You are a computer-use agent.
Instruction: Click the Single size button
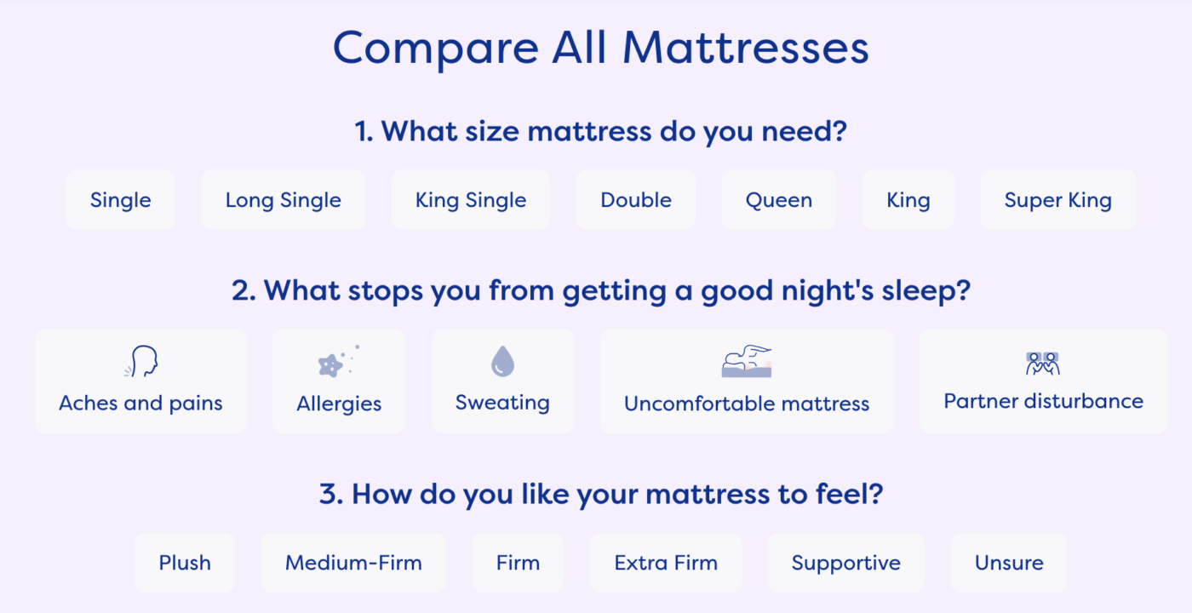point(120,200)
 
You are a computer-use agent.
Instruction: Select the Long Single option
point(283,200)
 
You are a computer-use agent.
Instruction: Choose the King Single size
point(471,200)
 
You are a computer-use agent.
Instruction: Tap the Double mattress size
point(636,200)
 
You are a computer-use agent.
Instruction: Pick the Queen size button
point(779,200)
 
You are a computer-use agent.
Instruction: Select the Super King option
point(1057,200)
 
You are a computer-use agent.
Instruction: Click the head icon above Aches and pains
point(141,361)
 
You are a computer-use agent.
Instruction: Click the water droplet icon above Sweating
point(503,361)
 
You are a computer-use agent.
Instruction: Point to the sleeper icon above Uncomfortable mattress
point(747,361)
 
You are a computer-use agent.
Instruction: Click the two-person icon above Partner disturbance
point(1043,364)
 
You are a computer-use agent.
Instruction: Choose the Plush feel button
point(185,563)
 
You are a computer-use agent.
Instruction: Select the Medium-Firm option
point(353,563)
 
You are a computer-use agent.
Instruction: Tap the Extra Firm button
point(666,563)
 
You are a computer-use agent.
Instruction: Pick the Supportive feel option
point(846,563)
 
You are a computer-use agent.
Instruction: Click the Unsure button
point(1009,563)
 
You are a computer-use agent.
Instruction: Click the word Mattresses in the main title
point(746,48)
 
